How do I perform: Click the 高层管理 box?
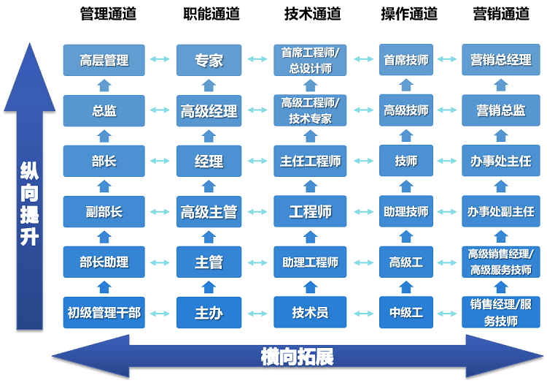(104, 60)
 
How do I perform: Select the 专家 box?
(209, 60)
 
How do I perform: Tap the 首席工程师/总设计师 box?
(311, 60)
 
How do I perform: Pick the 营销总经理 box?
(500, 60)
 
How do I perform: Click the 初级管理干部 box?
(104, 313)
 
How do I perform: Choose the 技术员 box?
(311, 313)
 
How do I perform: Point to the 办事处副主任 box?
(500, 212)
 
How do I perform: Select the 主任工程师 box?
(311, 161)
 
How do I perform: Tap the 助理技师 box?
(406, 212)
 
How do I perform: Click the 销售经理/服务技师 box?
(500, 313)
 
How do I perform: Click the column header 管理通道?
(108, 14)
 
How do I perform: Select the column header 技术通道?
(312, 14)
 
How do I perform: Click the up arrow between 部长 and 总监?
(104, 136)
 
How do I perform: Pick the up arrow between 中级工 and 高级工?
(406, 288)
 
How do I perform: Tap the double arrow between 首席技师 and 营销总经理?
(445, 60)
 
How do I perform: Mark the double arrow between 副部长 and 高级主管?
(160, 212)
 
